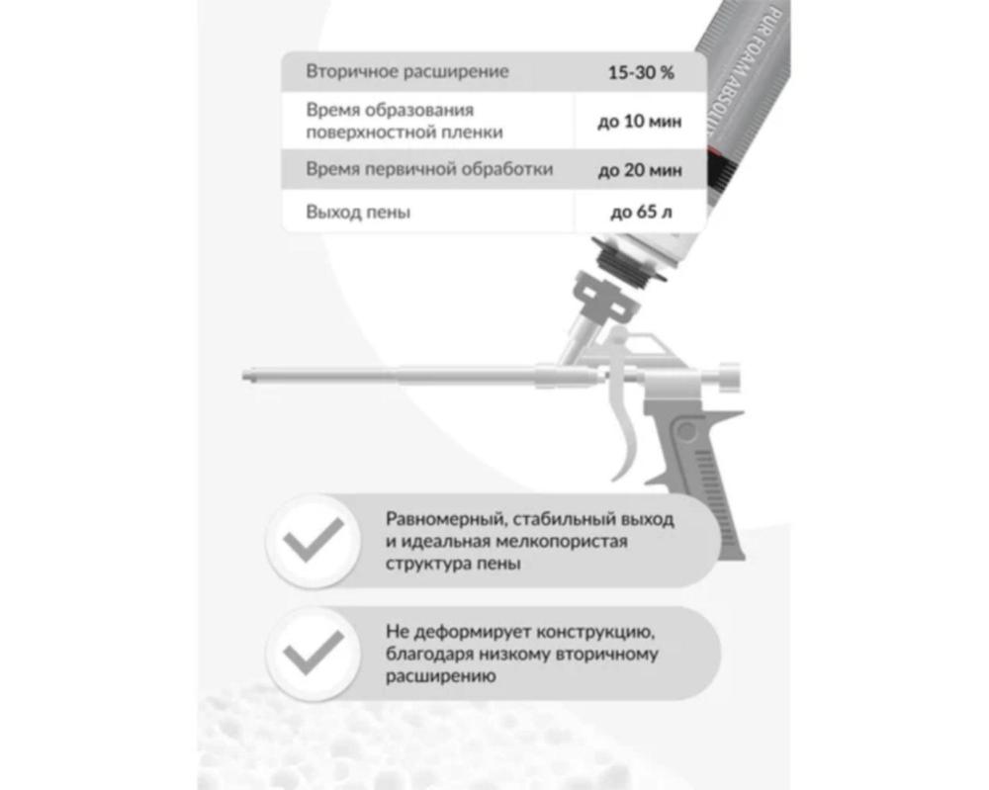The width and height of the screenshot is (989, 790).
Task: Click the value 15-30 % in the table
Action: click(641, 72)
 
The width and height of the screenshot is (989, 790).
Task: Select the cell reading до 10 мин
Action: click(640, 121)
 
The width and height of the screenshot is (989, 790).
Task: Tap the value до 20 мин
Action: click(640, 170)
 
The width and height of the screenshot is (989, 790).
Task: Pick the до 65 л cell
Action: click(641, 212)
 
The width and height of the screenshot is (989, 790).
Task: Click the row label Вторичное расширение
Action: click(407, 71)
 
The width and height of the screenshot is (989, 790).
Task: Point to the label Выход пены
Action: click(358, 212)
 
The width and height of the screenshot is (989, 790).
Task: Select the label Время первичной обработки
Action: click(429, 169)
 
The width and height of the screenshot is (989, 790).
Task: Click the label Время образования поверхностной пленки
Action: click(405, 121)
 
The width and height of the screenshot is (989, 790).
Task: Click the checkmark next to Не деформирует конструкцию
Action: click(313, 653)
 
